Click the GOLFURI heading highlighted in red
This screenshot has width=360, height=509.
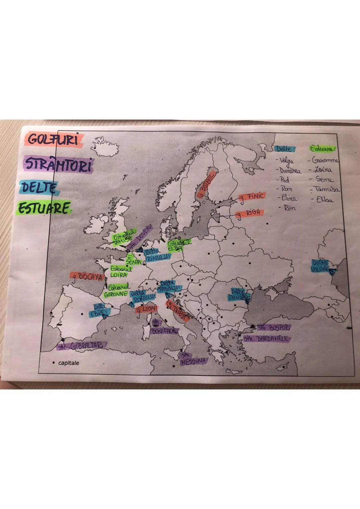53,139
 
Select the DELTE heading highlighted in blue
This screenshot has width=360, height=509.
39,188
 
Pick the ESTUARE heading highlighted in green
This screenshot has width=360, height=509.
44,208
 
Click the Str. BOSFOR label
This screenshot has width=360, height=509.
274,328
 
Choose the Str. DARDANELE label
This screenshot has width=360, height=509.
267,339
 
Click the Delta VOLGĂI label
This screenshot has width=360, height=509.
319,266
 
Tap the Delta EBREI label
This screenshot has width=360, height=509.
99,310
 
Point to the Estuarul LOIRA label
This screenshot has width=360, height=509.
120,272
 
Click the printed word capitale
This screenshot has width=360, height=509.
69,363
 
